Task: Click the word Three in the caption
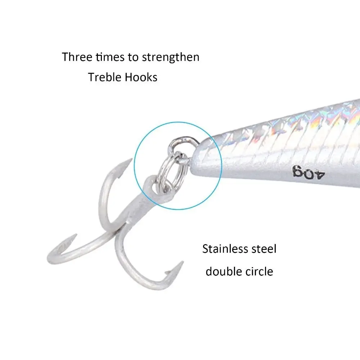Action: click(77, 57)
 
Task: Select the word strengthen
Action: click(171, 57)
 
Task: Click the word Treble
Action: click(104, 77)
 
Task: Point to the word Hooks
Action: click(141, 77)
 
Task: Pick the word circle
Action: click(259, 271)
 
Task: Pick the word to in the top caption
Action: click(133, 57)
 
